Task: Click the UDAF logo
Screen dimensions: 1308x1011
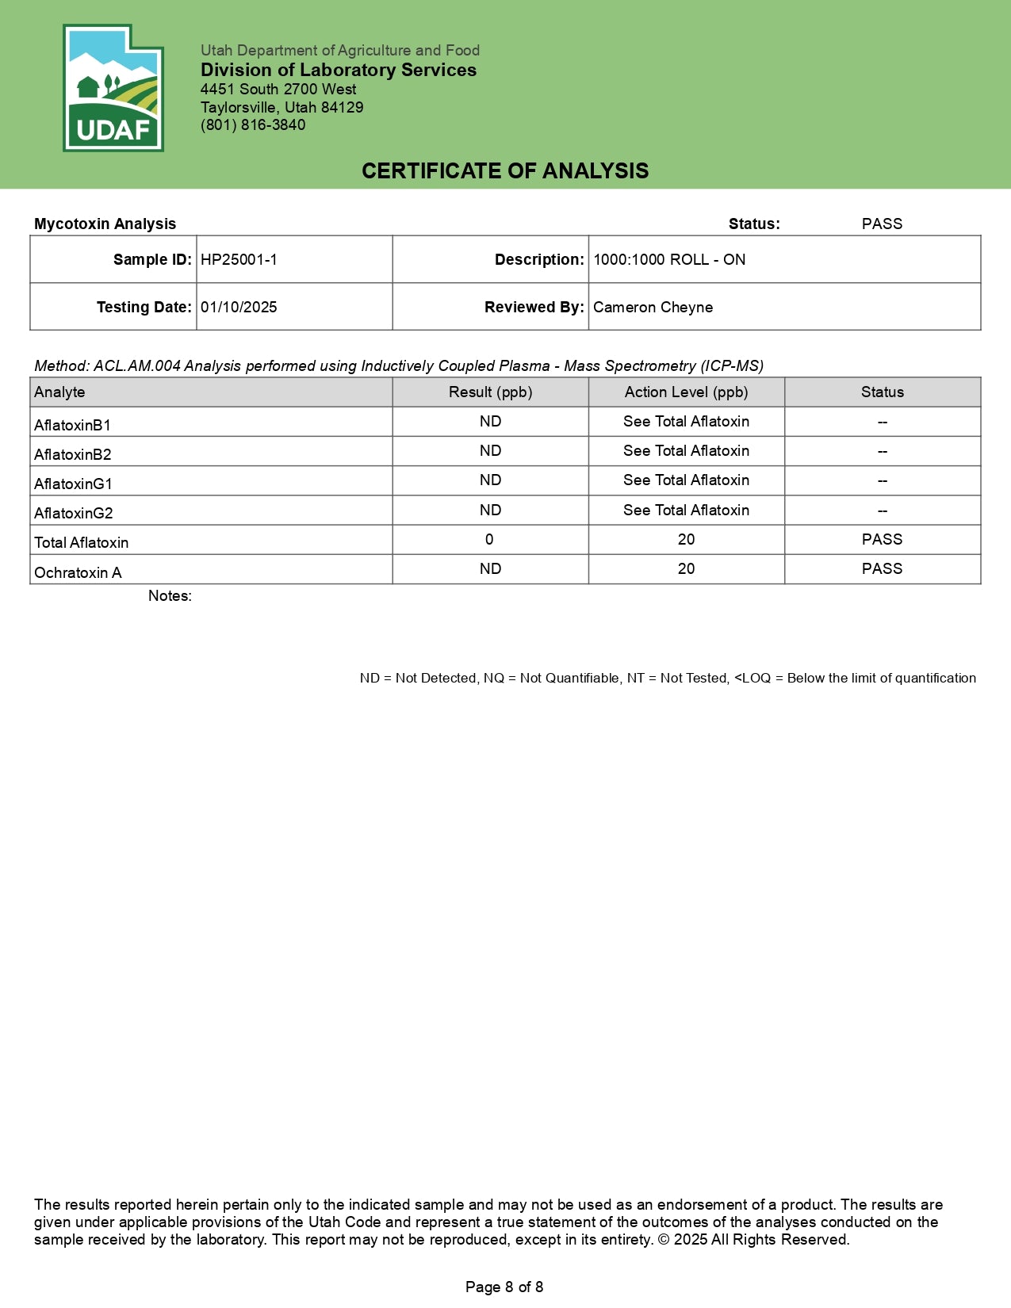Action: point(113,89)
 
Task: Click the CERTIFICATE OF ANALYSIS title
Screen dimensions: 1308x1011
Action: point(505,171)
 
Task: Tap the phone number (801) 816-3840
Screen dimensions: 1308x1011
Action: point(253,125)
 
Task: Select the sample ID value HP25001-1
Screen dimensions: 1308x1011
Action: point(239,260)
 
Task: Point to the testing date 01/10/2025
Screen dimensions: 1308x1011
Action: point(239,308)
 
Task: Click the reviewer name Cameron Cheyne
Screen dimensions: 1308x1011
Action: point(653,308)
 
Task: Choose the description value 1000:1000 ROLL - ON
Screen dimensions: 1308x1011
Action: point(669,260)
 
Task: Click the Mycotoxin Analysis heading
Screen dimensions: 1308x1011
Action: point(105,224)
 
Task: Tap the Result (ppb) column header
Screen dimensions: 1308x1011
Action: point(490,392)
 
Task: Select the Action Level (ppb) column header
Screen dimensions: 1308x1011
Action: point(686,392)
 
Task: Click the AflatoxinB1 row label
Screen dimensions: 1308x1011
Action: point(72,426)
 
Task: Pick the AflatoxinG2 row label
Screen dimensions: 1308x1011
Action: point(73,514)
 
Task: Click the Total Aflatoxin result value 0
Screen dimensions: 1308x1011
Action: point(489,540)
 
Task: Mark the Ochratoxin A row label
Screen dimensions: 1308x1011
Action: point(78,573)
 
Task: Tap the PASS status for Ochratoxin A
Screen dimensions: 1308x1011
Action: point(882,569)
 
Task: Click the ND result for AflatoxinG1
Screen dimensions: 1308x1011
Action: point(490,480)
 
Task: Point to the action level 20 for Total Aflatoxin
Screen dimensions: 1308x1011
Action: point(686,540)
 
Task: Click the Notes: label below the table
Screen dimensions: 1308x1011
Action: point(170,596)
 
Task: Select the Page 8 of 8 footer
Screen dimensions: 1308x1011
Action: point(504,1287)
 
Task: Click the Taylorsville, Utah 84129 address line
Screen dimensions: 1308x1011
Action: point(281,108)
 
